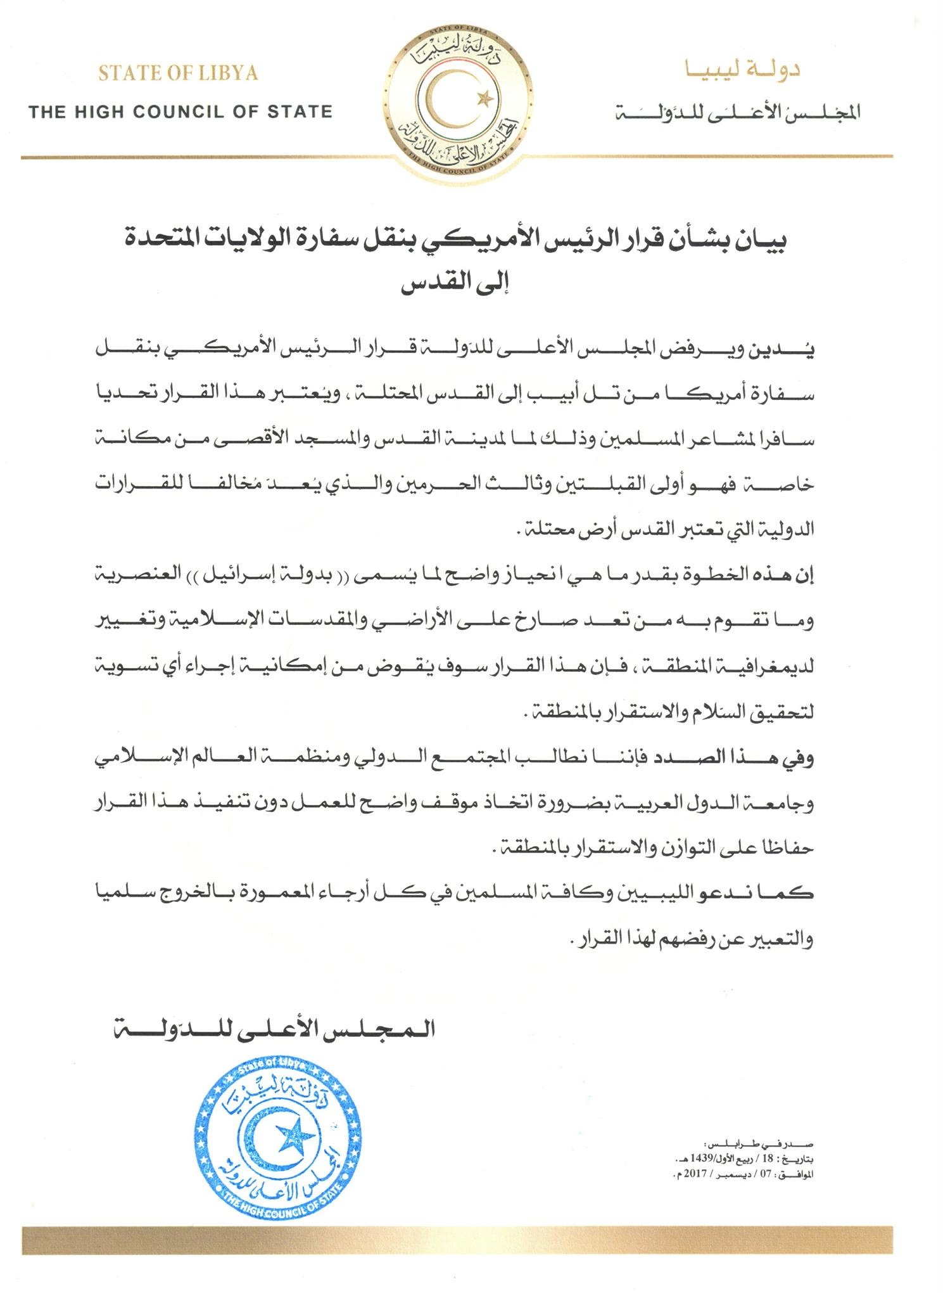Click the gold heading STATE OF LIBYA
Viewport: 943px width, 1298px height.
pyautogui.click(x=178, y=73)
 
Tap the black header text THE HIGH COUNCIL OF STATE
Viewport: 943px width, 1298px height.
pyautogui.click(x=180, y=113)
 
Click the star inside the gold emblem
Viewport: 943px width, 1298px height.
pyautogui.click(x=486, y=98)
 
